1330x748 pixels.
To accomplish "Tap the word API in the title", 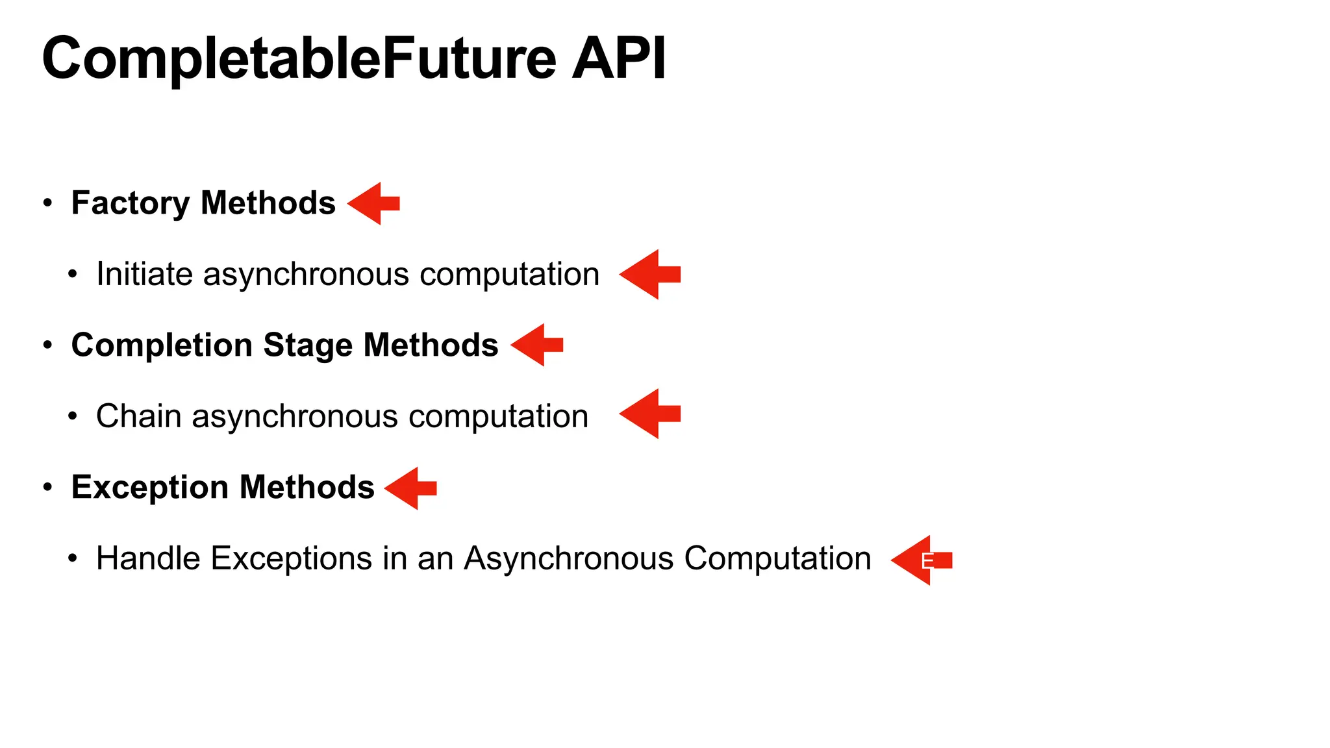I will [618, 58].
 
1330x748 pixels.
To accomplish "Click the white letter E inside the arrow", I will [927, 561].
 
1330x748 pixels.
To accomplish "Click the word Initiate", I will [145, 274].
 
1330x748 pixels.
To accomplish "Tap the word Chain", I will [138, 416].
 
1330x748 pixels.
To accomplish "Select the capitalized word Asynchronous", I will [568, 558].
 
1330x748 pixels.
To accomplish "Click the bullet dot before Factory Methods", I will [47, 203].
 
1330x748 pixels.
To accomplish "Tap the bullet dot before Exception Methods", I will [47, 487].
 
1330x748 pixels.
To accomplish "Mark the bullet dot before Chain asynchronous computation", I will [73, 416].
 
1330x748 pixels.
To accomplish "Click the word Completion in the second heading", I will [162, 345].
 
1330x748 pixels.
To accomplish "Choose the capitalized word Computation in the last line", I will [777, 558].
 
